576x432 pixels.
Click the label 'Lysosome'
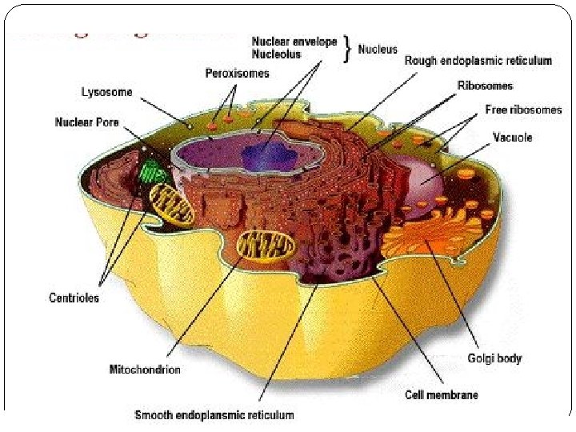107,91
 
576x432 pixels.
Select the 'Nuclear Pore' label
86,122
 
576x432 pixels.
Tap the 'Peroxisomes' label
238,73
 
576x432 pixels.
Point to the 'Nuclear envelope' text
294,42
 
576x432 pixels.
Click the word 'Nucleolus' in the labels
277,54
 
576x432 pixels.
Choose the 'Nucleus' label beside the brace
378,49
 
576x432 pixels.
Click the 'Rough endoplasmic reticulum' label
478,60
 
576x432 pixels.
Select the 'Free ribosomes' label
523,110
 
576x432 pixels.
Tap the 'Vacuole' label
513,138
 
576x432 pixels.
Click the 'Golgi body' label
494,358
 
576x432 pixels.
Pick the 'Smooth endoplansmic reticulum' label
214,414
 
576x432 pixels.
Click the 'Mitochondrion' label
145,370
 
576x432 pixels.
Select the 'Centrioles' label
74,298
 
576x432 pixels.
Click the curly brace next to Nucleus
347,49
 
